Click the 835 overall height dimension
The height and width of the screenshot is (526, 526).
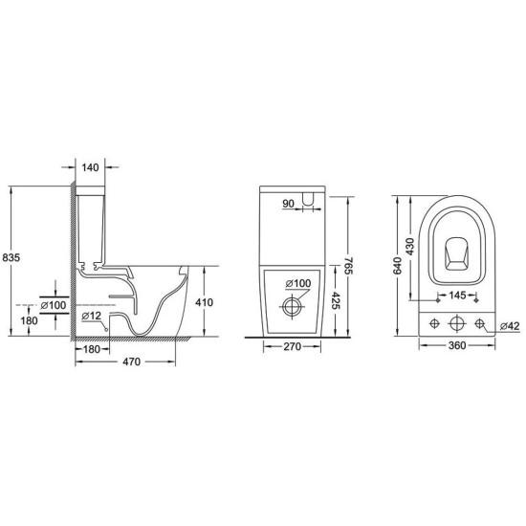pos(11,257)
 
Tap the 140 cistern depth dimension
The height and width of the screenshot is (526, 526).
pos(90,167)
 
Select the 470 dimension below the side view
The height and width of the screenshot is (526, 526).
pos(132,362)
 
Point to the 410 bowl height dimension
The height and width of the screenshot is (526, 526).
pos(204,302)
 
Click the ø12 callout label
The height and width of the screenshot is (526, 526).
pos(91,316)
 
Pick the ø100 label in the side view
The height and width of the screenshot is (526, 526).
pos(54,305)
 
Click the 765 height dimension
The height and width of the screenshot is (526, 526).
pos(348,266)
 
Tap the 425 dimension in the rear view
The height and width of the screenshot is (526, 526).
pos(336,300)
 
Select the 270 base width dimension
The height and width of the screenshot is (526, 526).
pos(293,346)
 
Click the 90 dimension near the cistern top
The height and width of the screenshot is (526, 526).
pos(288,204)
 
